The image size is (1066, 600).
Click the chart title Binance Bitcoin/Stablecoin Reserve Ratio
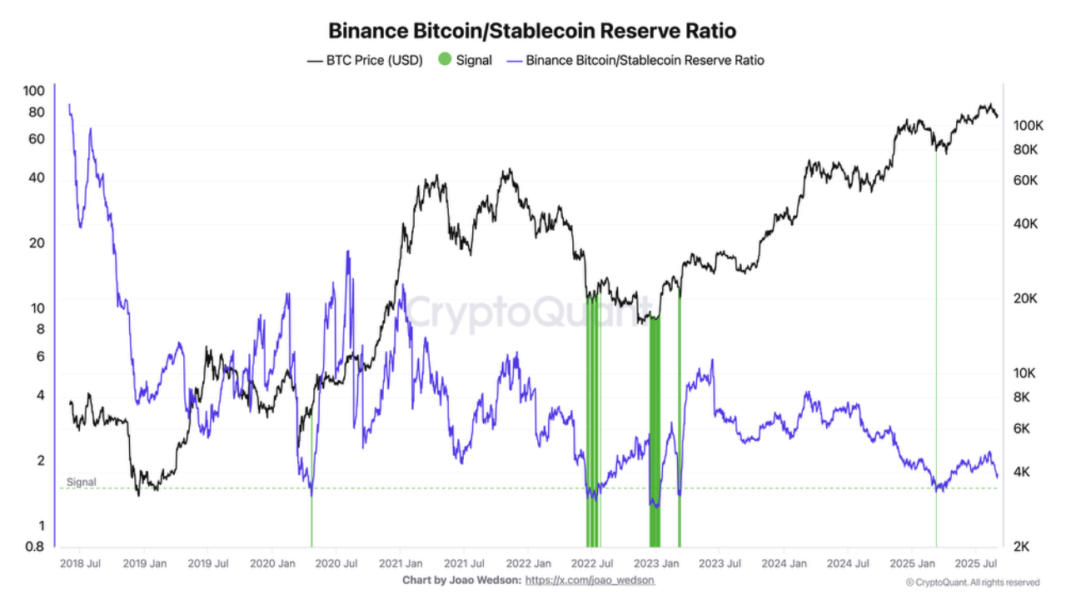click(532, 31)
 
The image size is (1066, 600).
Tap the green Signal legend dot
click(445, 60)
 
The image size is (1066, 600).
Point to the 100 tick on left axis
click(33, 91)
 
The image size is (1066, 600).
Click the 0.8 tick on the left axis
click(34, 547)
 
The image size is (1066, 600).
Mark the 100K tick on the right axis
click(1028, 126)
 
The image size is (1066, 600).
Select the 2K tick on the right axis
click(1023, 547)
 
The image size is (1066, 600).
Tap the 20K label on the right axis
click(1024, 298)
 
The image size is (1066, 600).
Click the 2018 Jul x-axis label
click(81, 563)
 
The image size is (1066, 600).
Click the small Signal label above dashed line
click(82, 482)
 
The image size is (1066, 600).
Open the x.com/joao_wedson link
click(590, 580)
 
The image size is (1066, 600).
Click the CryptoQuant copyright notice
click(972, 582)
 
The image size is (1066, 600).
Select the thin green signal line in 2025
click(936, 333)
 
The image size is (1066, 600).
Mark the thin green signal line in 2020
click(311, 517)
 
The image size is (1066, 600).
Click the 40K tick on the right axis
click(1024, 223)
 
